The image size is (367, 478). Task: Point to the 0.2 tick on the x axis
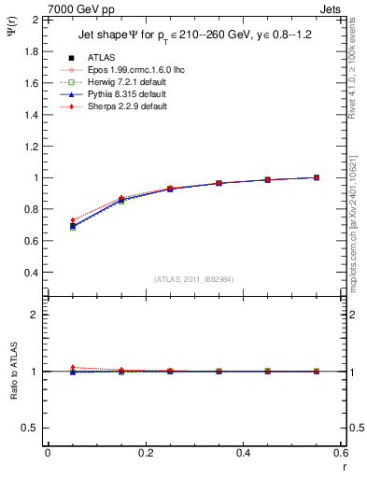pos(145,453)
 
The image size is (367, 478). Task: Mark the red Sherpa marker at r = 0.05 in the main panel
pos(73,220)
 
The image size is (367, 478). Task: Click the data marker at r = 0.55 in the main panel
pos(317,177)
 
